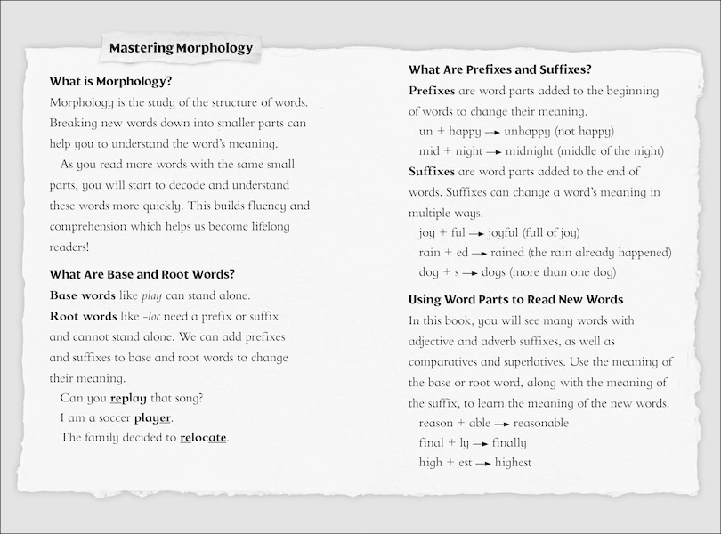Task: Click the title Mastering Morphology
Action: coord(181,48)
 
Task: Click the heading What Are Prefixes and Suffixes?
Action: coord(500,69)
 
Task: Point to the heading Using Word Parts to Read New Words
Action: coord(515,299)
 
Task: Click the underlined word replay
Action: coord(127,398)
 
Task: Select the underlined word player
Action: coord(152,417)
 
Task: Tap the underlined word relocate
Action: coord(203,437)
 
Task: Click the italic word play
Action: coord(152,295)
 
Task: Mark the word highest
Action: coord(513,463)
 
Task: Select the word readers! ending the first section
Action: coord(70,247)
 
